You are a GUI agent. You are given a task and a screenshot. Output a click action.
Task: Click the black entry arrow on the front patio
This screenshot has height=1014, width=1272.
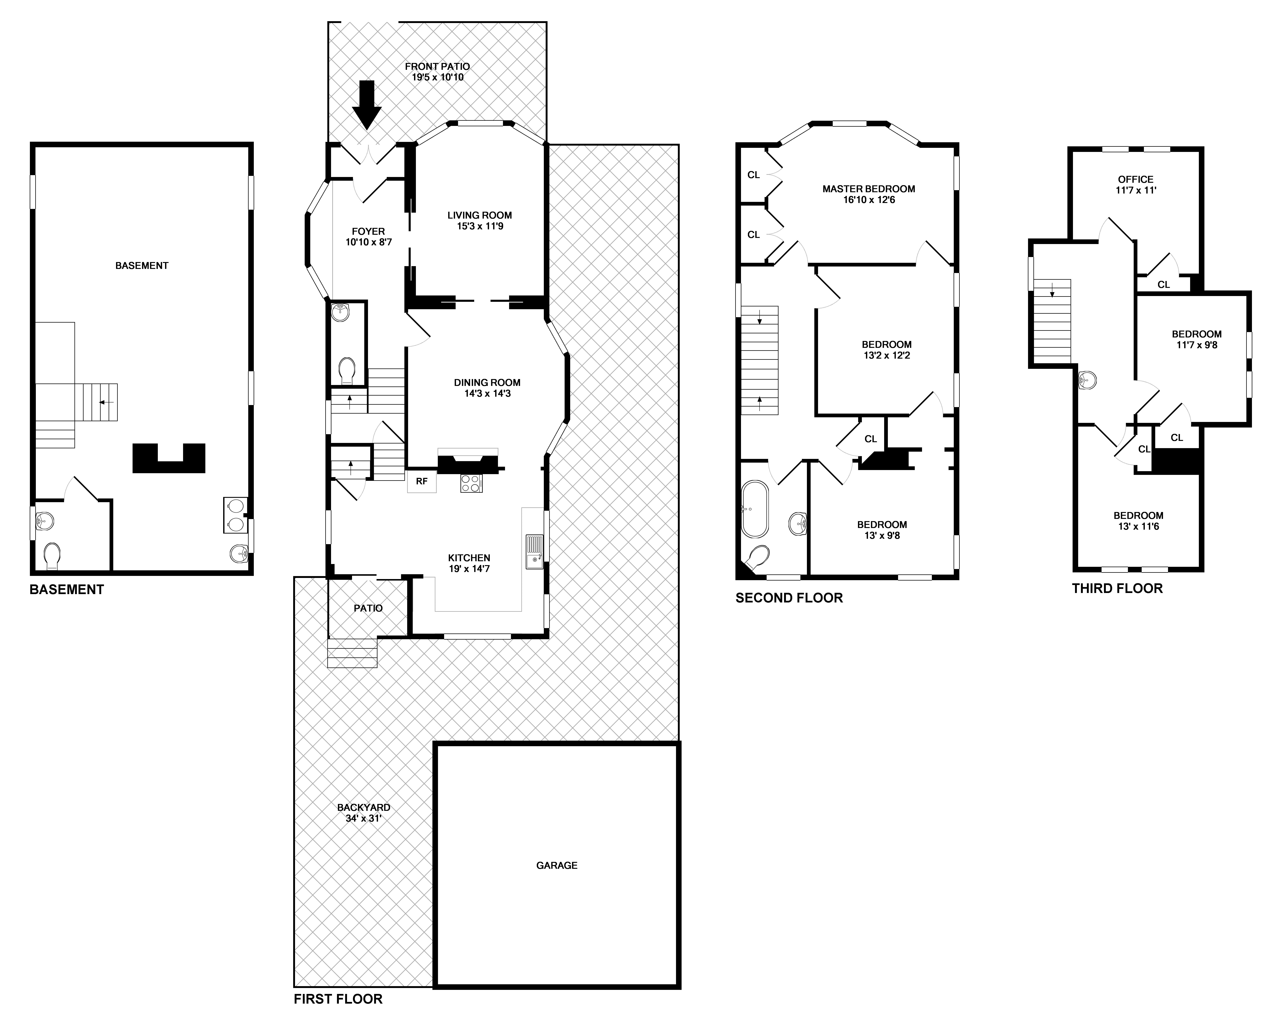click(367, 105)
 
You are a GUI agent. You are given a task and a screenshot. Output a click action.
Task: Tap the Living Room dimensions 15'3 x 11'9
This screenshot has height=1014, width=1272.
click(480, 226)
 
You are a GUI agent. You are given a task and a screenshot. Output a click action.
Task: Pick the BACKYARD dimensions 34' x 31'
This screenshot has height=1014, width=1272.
click(363, 818)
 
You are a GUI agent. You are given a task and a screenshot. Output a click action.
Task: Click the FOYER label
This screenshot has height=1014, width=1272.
click(368, 231)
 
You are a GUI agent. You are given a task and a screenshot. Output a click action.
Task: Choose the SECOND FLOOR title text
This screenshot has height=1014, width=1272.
click(789, 598)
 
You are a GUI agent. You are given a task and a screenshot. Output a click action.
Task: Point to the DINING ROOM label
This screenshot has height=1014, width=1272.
click(487, 382)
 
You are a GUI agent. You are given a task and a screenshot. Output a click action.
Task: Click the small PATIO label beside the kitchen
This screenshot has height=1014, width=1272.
click(368, 608)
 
